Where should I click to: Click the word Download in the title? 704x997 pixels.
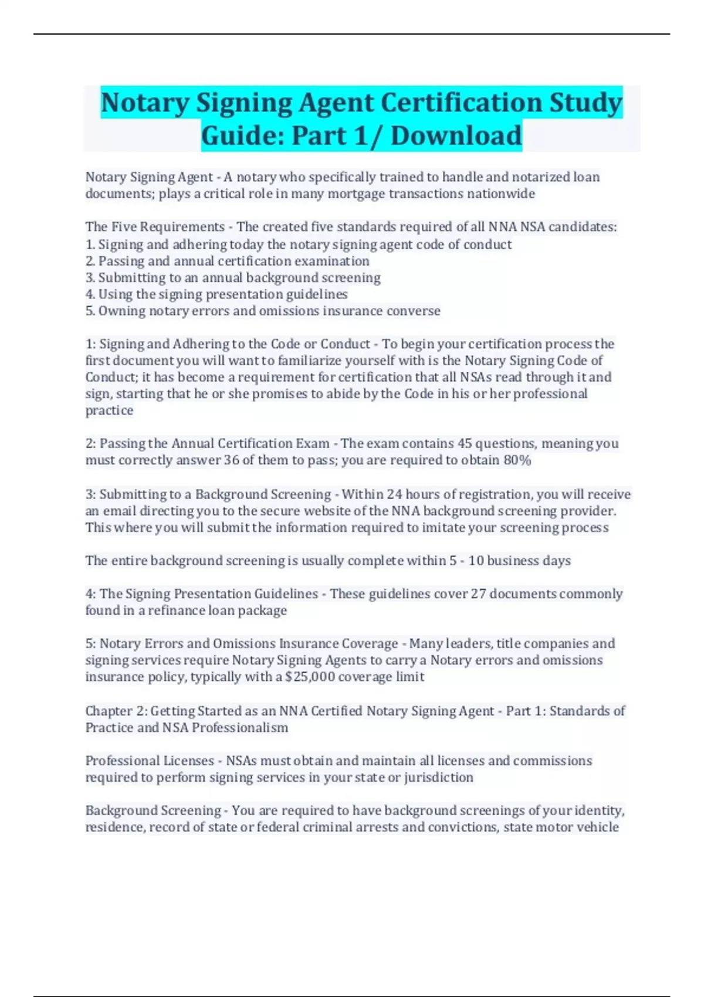(x=456, y=135)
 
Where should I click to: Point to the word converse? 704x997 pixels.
(x=417, y=311)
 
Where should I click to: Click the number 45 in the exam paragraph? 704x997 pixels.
(x=465, y=443)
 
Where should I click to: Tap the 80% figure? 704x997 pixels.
(x=517, y=460)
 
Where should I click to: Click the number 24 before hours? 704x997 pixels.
(x=394, y=494)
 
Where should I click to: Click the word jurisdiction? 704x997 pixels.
(x=438, y=778)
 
